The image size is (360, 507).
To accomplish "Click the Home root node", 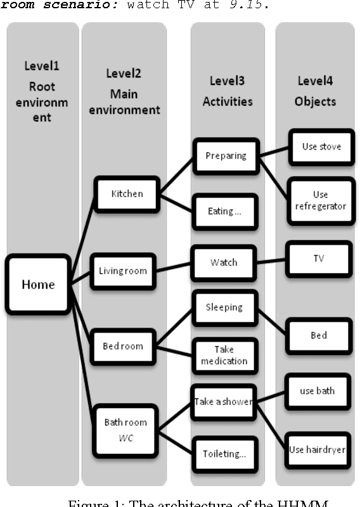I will (38, 285).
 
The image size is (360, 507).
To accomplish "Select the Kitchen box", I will (127, 194).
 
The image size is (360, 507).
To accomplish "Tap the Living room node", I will (123, 271).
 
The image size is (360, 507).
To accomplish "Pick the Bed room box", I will (123, 347).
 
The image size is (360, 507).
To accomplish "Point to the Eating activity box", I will (224, 212).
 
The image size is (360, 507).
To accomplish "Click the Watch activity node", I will (224, 262).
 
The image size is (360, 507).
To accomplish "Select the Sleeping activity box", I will (224, 307).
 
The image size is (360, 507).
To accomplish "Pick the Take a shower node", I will (224, 401).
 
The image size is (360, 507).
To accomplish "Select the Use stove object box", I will (321, 147).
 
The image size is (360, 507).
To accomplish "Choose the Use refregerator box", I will (321, 201).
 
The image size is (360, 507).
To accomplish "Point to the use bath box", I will (318, 391).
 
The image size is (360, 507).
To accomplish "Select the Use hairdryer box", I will (318, 449).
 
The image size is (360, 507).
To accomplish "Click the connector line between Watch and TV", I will (272, 260).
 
